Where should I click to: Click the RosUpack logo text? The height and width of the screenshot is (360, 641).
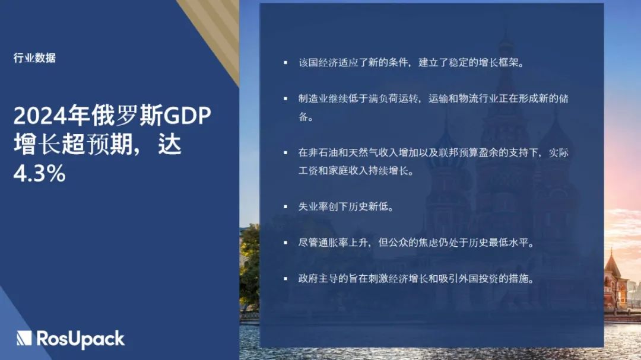point(81,339)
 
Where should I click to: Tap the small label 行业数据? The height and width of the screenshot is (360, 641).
point(34,58)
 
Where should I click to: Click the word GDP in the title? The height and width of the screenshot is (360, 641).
point(187,116)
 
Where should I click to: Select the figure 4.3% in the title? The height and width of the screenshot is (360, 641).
point(39,173)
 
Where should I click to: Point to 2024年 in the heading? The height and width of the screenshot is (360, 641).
point(52,116)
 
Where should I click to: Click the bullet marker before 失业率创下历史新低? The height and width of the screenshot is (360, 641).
point(285,207)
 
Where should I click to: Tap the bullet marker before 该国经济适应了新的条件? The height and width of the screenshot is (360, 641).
point(285,62)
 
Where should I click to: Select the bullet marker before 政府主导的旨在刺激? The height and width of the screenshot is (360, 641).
point(285,279)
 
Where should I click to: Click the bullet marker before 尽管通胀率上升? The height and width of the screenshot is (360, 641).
point(285,243)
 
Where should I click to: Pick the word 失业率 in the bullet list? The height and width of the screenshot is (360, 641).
point(313,207)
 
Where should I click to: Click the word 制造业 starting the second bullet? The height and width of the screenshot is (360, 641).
point(313,98)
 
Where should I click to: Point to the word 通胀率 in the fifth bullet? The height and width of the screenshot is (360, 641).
point(334,243)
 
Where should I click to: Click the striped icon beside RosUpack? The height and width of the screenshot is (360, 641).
point(24,338)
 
